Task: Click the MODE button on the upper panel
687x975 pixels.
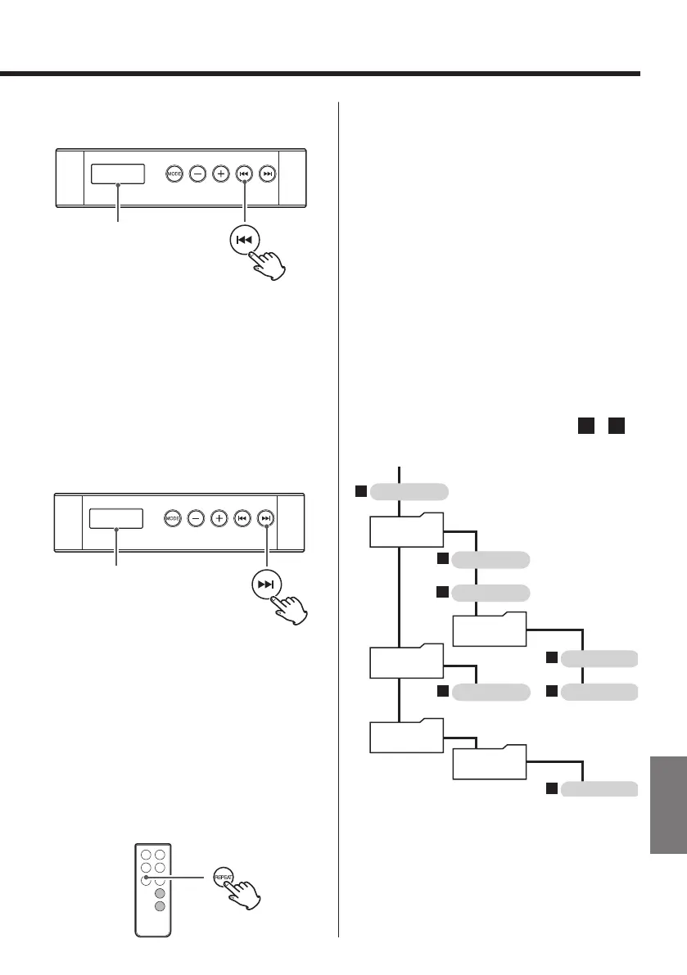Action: click(x=174, y=174)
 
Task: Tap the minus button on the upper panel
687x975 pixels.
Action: click(x=197, y=174)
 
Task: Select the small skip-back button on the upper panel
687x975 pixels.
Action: click(x=243, y=174)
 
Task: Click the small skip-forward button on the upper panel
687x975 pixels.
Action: click(x=267, y=174)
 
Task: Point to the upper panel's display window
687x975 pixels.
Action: click(x=117, y=174)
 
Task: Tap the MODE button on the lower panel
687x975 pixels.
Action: click(x=172, y=518)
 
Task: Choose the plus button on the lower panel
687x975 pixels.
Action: click(x=219, y=518)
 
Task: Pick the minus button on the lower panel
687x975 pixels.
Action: click(x=196, y=518)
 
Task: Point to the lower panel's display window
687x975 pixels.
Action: click(x=115, y=519)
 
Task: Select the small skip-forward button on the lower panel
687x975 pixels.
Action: click(x=265, y=518)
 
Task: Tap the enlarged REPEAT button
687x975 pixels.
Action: click(x=224, y=876)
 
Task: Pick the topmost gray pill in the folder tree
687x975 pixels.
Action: click(x=409, y=491)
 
